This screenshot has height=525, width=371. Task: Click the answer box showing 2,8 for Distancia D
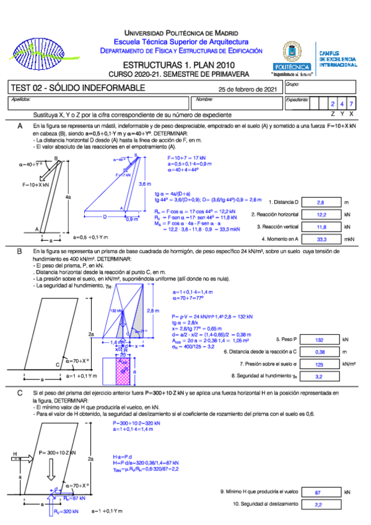click(x=320, y=202)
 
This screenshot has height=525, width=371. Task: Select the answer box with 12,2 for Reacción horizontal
click(x=320, y=214)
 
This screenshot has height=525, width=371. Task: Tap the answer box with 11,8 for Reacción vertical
click(x=320, y=227)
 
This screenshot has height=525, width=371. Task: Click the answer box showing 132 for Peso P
click(x=320, y=340)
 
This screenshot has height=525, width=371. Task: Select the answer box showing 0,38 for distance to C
click(x=320, y=352)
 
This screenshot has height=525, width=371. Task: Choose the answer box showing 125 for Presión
click(x=320, y=364)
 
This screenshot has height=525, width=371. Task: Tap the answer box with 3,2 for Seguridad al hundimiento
click(x=320, y=376)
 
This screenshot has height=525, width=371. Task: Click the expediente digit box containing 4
click(x=343, y=104)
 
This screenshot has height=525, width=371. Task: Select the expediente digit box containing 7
click(x=352, y=104)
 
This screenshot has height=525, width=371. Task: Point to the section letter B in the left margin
click(x=20, y=251)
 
